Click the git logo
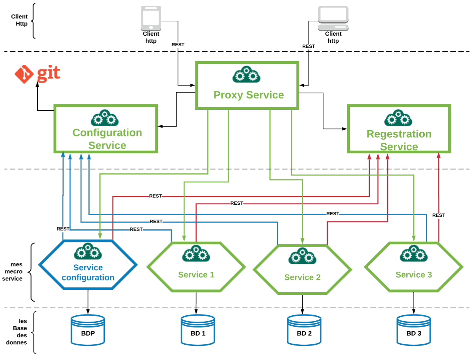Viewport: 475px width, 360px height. [x=38, y=74]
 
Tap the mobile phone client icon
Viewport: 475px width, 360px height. [x=151, y=18]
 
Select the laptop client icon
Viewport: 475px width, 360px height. [x=333, y=18]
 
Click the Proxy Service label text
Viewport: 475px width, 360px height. [x=248, y=95]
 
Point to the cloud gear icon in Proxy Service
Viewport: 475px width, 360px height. [x=246, y=75]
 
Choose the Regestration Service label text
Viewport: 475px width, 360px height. [x=399, y=140]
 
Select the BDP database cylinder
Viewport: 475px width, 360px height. [x=88, y=330]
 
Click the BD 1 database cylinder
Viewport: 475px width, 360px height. [x=198, y=330]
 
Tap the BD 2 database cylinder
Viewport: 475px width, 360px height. [x=304, y=330]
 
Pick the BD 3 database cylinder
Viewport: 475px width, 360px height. [x=414, y=330]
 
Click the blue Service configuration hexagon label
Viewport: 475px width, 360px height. [x=88, y=273]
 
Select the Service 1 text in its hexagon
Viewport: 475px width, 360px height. [x=196, y=275]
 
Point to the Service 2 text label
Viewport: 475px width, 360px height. [x=302, y=277]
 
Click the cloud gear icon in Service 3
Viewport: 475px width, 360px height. [x=413, y=253]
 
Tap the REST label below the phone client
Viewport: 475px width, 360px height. [x=178, y=45]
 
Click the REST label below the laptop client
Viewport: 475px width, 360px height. [x=309, y=46]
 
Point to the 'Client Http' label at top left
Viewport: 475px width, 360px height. [x=19, y=20]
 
